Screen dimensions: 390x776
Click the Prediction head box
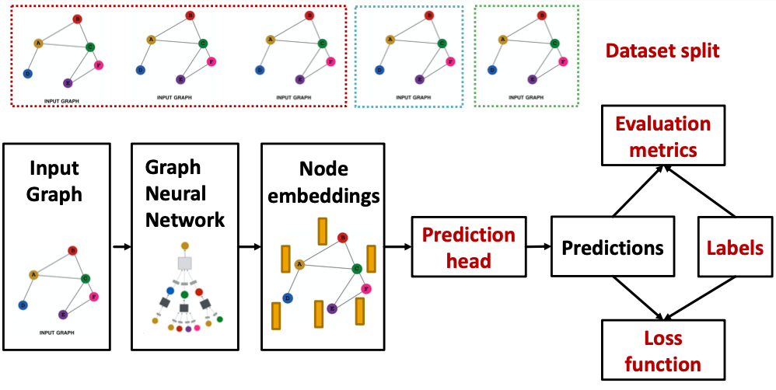tap(469, 247)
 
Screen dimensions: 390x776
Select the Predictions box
tap(612, 248)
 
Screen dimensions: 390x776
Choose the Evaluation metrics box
tap(663, 136)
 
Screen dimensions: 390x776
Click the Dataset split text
tap(662, 51)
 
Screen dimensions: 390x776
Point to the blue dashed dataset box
tap(408, 56)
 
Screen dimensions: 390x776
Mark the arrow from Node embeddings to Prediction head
tap(397, 248)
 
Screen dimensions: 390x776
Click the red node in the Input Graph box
tap(72, 250)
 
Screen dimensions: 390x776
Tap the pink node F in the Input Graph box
tap(94, 296)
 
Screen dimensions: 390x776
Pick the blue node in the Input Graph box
tap(24, 305)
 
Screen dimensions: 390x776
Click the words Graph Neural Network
tap(185, 193)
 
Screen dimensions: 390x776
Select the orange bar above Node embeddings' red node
tap(322, 231)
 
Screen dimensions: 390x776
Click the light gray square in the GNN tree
tap(184, 263)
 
